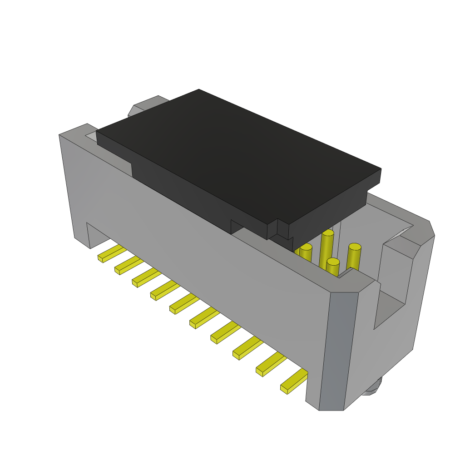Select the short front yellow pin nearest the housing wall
[x=332, y=268]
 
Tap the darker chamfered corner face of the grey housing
[x=338, y=350]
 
